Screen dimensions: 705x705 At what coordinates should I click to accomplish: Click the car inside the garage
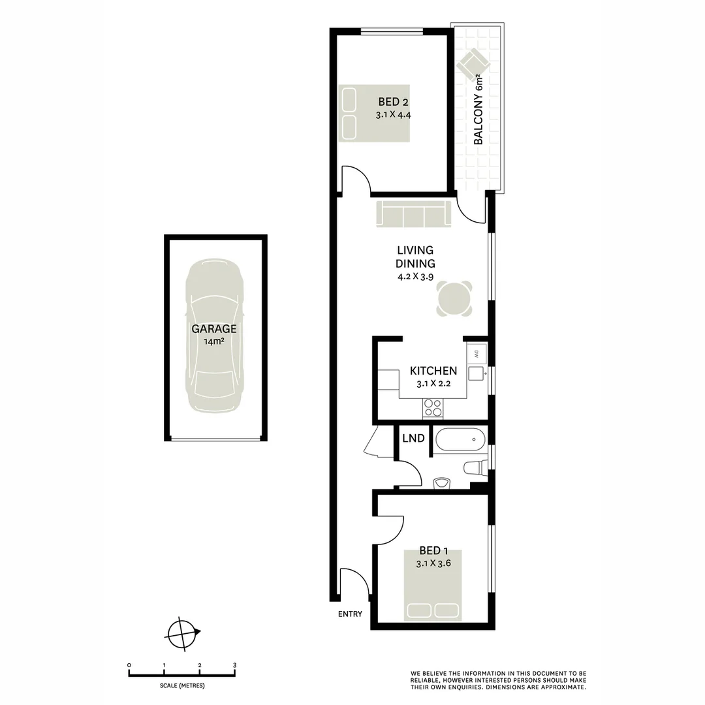(215, 336)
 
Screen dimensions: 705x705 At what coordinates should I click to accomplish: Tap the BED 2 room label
(393, 102)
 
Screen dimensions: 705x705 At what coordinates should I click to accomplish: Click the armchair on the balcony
(473, 64)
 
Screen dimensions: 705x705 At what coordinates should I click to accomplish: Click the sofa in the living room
(414, 214)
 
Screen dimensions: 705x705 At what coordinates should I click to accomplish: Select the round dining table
(454, 299)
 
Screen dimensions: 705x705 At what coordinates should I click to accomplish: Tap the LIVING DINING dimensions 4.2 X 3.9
(415, 276)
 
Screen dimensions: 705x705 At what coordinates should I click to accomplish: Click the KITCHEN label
(433, 371)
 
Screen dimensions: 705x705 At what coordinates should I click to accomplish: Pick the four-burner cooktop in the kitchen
(432, 407)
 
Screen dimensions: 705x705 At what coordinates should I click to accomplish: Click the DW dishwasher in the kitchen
(476, 354)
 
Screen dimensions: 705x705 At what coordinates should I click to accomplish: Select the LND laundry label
(414, 438)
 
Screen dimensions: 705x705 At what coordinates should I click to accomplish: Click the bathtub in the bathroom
(459, 440)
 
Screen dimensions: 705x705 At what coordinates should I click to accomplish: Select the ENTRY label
(350, 614)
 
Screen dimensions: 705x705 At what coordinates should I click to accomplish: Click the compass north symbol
(183, 632)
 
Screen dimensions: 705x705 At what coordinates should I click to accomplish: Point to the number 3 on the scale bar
(234, 665)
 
